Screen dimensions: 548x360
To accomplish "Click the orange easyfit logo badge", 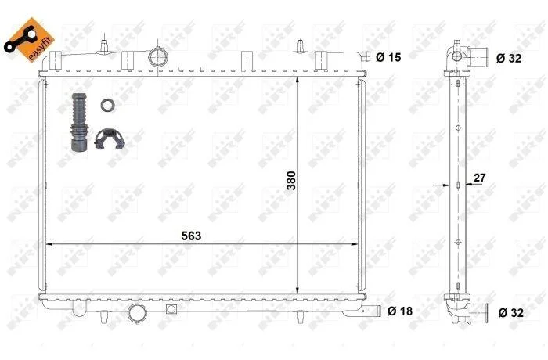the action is (30, 39).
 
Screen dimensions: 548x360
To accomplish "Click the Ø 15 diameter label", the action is (388, 57).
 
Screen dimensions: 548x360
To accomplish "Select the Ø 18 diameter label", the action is (400, 311).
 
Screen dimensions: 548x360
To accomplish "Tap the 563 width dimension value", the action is (191, 236).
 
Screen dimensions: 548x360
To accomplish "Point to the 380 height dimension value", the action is (291, 180).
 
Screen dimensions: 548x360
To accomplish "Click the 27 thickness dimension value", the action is (479, 178).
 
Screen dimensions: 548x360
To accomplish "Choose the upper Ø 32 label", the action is (509, 58).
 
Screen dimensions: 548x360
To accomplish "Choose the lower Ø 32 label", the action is (511, 312).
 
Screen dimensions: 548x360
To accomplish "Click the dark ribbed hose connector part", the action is (79, 122).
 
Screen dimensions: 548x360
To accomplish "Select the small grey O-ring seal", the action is (107, 105).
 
